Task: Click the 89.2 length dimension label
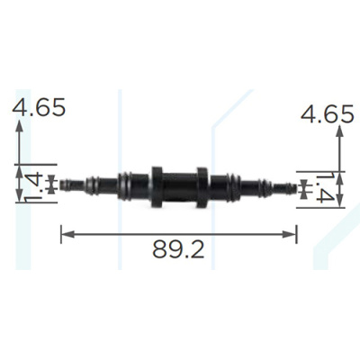coord(178,249)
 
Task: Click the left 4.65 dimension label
coord(39,107)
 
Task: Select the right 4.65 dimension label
coord(328,114)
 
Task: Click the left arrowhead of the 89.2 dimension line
coord(67,234)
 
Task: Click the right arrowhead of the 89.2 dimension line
coord(290,234)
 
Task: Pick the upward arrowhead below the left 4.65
coord(19,125)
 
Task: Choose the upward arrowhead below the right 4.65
coord(339,131)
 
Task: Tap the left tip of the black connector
coord(60,184)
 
